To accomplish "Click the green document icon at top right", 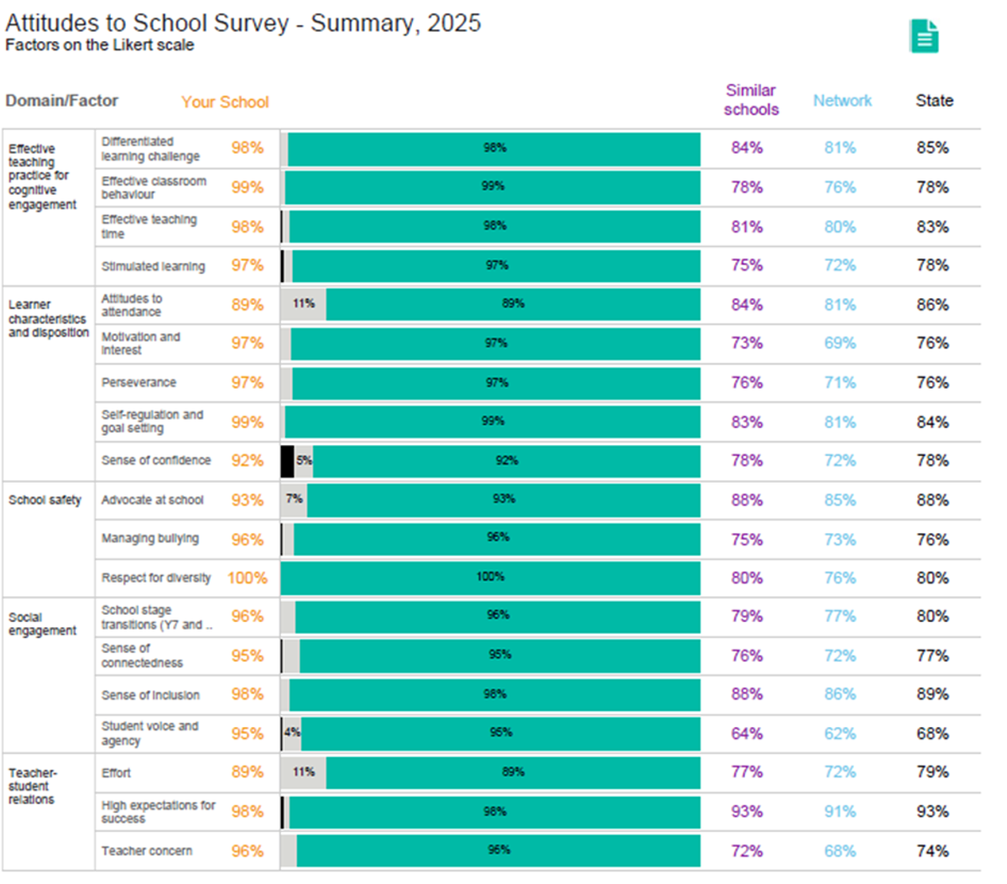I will [x=924, y=36].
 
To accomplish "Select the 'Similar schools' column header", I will [x=751, y=100].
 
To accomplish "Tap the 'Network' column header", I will [x=843, y=101].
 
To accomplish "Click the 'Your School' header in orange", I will [x=225, y=102].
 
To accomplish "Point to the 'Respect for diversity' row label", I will [x=156, y=578].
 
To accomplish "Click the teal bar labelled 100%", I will [x=491, y=578].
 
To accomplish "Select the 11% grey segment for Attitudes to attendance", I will [x=303, y=304].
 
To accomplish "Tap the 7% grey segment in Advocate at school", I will [x=294, y=500].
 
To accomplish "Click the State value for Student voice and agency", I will [x=932, y=733].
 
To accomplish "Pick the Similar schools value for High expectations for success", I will [x=747, y=812].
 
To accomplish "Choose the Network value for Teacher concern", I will [x=840, y=850].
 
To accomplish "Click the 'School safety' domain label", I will [x=45, y=500].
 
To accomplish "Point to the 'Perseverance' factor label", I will [x=139, y=383].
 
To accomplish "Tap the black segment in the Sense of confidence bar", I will [x=287, y=461].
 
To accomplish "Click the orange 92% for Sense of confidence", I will [x=248, y=461].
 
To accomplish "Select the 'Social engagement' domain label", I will [x=42, y=624].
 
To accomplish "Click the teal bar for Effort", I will [x=513, y=772].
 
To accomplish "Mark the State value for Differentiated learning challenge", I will [x=932, y=148].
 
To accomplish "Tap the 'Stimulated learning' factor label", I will [x=154, y=266].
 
